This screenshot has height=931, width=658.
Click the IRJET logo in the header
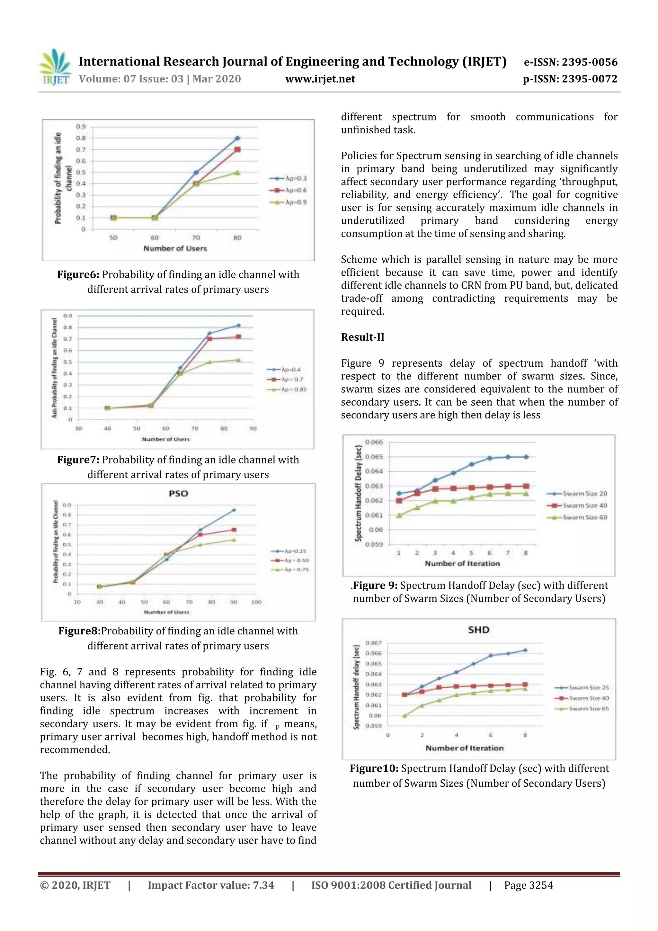click(x=55, y=67)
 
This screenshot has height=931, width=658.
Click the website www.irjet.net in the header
click(x=320, y=79)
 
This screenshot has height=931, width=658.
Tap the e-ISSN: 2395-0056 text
click(x=570, y=62)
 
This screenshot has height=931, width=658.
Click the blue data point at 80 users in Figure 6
click(x=237, y=138)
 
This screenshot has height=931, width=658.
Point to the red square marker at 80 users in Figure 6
click(x=237, y=150)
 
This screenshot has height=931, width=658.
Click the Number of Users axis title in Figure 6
click(x=175, y=248)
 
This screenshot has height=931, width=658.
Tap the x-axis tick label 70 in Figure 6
click(x=196, y=237)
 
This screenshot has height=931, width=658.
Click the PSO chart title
click(x=178, y=494)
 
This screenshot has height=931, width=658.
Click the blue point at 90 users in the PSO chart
click(x=234, y=510)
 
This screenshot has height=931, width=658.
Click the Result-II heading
click(x=362, y=337)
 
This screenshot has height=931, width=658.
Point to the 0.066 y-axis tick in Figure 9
click(x=373, y=442)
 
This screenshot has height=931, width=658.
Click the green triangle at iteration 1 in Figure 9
click(x=399, y=515)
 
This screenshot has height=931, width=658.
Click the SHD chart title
click(x=478, y=630)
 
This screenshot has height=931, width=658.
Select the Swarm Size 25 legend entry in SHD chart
click(x=588, y=687)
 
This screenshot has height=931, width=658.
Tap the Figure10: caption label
click(x=374, y=768)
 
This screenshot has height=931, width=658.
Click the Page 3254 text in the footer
click(x=528, y=885)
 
